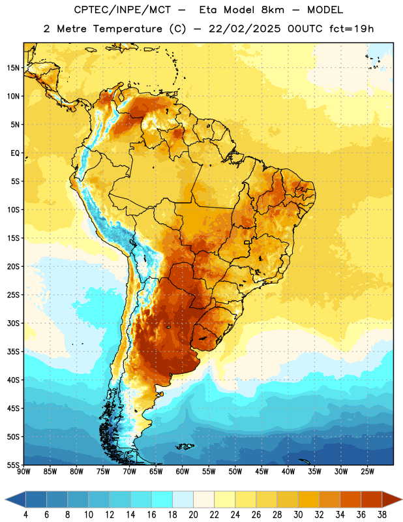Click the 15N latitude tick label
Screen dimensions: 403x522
pos(13,68)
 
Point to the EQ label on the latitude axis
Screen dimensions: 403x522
pos(15,153)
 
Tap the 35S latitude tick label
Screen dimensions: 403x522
pos(13,352)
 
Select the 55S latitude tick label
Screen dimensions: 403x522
pos(13,465)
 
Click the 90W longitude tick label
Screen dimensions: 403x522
pos(23,472)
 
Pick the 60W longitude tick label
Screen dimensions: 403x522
pos(183,472)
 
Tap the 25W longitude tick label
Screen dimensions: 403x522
pos(367,472)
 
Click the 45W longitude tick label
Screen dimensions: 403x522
pos(261,472)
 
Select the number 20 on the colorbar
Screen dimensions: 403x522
pos(193,515)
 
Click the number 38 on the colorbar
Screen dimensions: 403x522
pos(381,515)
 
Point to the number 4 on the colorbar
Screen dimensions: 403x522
pos(25,515)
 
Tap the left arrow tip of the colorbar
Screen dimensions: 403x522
pos(5,500)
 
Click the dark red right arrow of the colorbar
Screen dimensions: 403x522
pos(392,500)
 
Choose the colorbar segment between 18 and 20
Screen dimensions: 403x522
pos(183,500)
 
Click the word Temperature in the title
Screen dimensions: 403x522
pos(127,29)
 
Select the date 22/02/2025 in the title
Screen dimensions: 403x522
pos(245,29)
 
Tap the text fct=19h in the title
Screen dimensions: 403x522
pos(351,29)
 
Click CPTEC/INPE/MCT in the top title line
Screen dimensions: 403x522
pos(123,10)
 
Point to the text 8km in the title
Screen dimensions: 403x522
pos(273,10)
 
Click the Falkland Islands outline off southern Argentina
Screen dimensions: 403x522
pos(185,446)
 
